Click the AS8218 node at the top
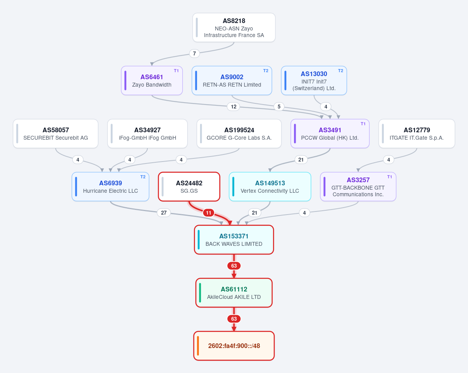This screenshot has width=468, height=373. point(234,28)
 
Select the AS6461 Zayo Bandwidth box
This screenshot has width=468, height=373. point(152,80)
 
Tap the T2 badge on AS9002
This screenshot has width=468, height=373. point(266,71)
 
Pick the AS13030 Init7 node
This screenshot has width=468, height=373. point(314,80)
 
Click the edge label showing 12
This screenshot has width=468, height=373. point(233,107)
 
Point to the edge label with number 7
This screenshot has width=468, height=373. point(195,53)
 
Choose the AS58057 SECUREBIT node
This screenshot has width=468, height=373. point(55,133)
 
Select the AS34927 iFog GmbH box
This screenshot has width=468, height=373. point(147,133)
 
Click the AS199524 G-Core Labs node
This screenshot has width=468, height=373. point(239,133)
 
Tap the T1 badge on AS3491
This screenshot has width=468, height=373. point(363,124)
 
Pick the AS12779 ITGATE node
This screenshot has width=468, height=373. point(417,133)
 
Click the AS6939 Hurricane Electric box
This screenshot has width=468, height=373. point(110,187)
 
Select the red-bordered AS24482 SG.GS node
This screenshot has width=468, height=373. point(189,187)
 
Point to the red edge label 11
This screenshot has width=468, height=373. point(209,213)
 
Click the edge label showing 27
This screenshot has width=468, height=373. point(164,213)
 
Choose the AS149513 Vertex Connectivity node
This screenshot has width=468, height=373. point(270,187)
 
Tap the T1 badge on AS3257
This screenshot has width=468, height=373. point(390,177)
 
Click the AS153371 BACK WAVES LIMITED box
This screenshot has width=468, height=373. point(234,240)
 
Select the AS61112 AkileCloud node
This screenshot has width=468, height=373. point(234,293)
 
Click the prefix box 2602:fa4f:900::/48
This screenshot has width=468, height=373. point(234,346)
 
